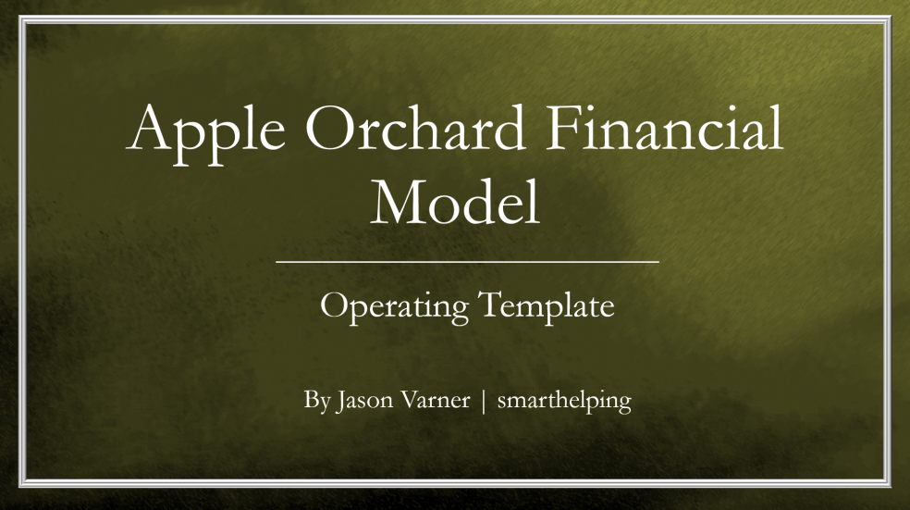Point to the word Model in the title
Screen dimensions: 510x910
455,203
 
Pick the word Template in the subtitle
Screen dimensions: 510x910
547,305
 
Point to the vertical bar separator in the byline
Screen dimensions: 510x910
484,403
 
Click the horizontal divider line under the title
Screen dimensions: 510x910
467,262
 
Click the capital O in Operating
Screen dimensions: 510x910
334,305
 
